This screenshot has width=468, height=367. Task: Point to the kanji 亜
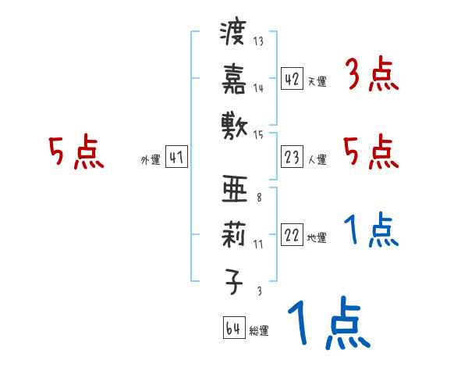[x=234, y=191]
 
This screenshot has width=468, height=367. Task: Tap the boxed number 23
[x=292, y=158]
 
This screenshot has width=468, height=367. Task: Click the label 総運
[x=258, y=331]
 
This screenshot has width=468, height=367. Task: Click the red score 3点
[x=371, y=76]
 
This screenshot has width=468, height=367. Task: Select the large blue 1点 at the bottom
[x=328, y=323]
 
